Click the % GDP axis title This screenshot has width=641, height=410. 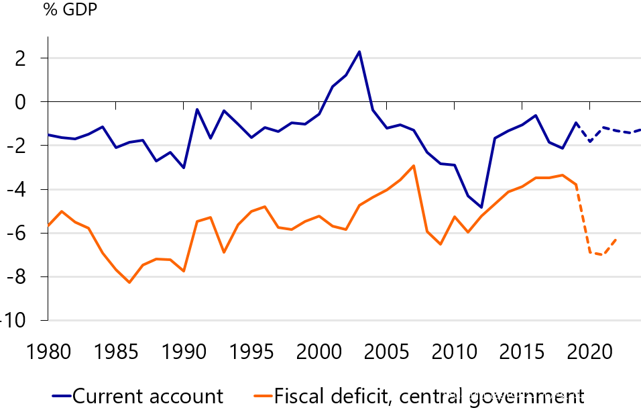[x=71, y=11]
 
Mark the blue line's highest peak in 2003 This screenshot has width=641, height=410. [x=359, y=52]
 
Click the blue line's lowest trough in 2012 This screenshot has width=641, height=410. [x=481, y=207]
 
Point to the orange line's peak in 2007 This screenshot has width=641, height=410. [x=414, y=166]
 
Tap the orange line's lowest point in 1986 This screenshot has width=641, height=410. [x=129, y=283]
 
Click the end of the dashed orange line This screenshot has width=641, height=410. [x=616, y=239]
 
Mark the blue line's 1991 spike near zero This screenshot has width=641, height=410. [x=197, y=109]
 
